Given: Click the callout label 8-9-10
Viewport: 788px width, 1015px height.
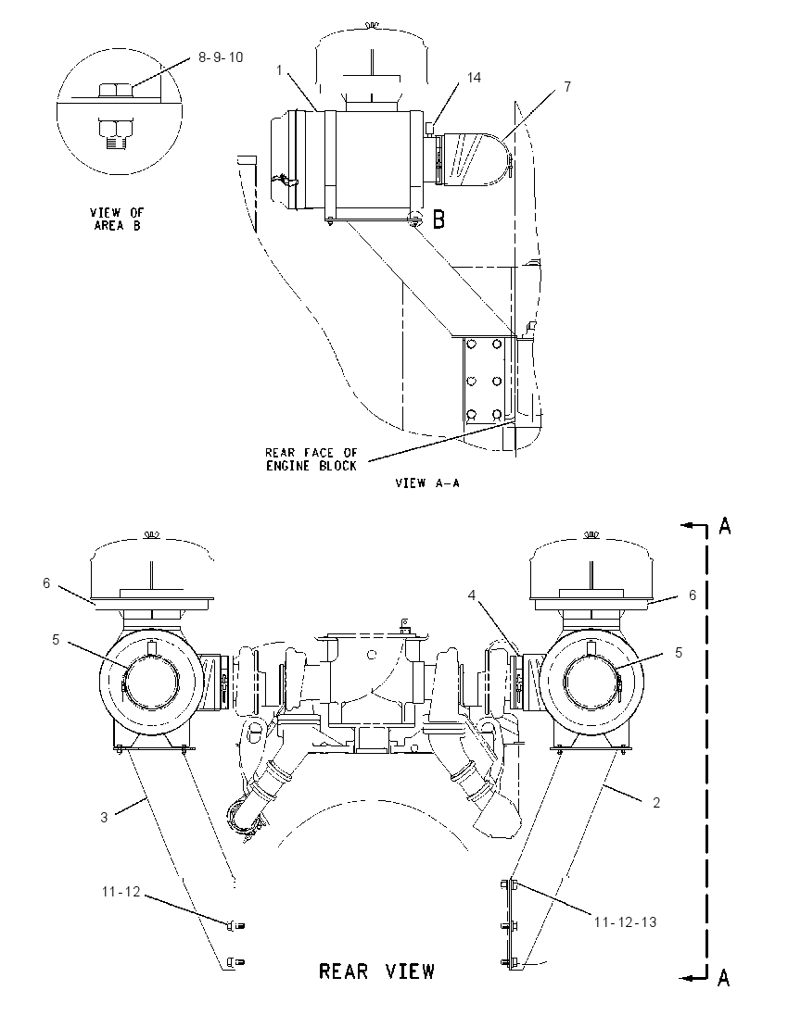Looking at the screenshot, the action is (x=221, y=57).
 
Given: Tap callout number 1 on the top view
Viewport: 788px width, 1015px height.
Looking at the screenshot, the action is (x=279, y=69).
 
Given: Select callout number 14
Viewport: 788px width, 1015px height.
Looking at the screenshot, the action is (x=474, y=78).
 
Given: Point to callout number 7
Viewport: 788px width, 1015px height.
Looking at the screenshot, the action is (x=567, y=87).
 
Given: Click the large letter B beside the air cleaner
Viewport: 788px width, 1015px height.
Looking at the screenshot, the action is (x=438, y=219).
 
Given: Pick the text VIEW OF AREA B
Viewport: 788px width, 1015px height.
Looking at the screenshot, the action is (x=118, y=219).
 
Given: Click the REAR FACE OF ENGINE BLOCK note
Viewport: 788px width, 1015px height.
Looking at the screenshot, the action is (x=311, y=459).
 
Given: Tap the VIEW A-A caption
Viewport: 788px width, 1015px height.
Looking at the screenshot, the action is (x=427, y=482).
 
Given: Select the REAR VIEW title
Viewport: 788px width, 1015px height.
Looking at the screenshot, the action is (x=377, y=971).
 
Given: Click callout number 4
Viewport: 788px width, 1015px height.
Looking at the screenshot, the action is (x=473, y=594).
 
